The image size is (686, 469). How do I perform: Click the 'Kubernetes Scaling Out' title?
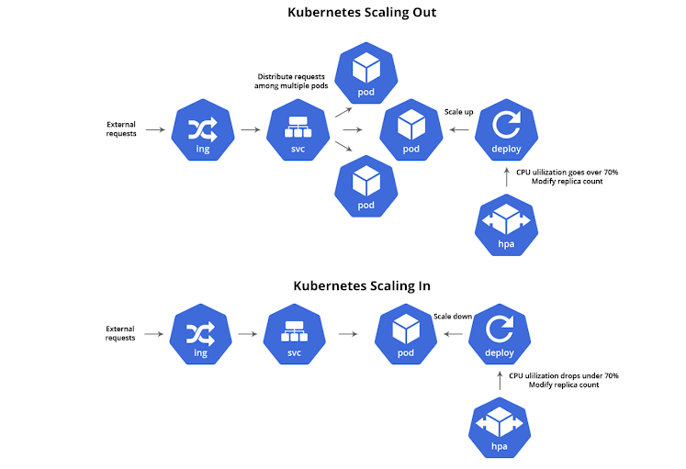click(362, 13)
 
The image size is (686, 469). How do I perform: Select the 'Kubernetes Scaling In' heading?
click(361, 285)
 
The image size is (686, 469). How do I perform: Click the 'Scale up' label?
click(459, 111)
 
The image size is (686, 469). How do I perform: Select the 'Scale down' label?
click(453, 317)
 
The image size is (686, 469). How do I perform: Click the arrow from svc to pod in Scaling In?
click(348, 335)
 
